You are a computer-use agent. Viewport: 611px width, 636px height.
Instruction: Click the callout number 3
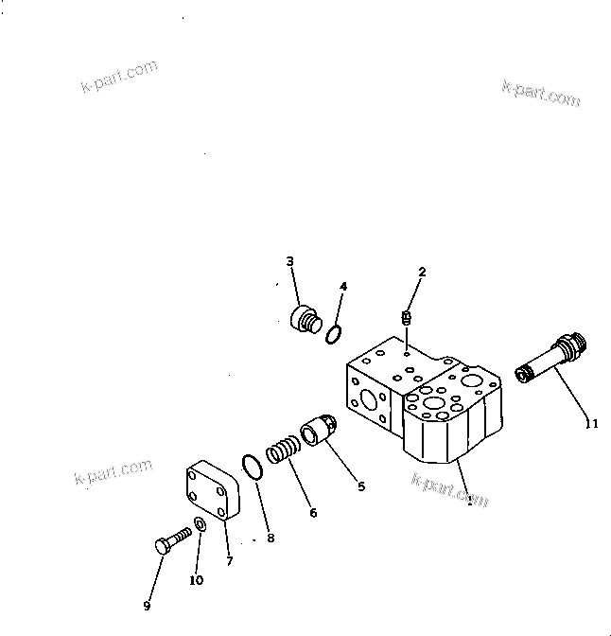(290, 261)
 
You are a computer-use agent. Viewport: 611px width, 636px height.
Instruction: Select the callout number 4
(343, 285)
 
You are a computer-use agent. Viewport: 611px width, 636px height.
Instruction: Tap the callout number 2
(422, 272)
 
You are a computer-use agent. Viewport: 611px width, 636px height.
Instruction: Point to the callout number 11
(591, 424)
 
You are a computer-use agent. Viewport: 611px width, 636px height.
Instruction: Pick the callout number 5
(360, 487)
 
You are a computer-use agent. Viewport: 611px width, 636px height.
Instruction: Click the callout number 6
(313, 513)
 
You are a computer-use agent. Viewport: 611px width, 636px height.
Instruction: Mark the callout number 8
(271, 538)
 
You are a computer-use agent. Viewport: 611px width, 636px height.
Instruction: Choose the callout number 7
(229, 561)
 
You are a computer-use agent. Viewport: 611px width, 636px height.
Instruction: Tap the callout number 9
(148, 606)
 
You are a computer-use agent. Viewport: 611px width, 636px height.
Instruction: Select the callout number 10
(196, 580)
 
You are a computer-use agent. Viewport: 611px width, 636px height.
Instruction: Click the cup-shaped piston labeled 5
(317, 433)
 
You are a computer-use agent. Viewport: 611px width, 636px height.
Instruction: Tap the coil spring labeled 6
(281, 449)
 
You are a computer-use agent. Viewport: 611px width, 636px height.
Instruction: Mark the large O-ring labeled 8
(252, 466)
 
